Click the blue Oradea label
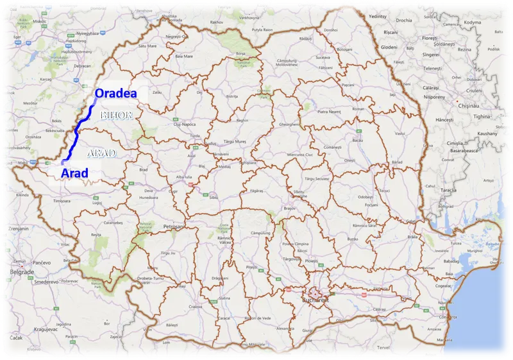click(116, 94)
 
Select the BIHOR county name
click(116, 116)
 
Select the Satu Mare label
click(147, 46)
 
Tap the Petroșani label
click(174, 227)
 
